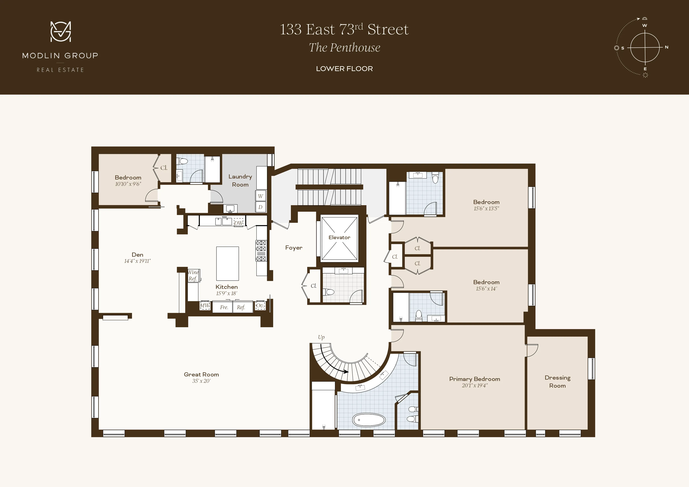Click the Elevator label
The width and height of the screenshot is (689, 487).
[x=339, y=237]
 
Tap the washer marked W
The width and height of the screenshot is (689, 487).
[x=260, y=196]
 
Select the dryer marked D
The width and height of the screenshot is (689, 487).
[x=260, y=207]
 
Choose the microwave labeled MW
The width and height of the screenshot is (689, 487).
[x=205, y=306]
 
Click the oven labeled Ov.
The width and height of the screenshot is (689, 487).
[x=260, y=306]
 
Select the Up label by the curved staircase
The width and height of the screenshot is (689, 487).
[x=321, y=337]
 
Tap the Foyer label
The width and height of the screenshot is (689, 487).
[x=293, y=248]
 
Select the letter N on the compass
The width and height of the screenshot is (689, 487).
[x=666, y=47]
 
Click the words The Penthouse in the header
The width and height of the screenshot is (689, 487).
[x=344, y=47]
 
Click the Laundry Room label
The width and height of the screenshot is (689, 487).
[x=240, y=180]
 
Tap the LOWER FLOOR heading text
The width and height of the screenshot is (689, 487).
[x=344, y=69]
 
